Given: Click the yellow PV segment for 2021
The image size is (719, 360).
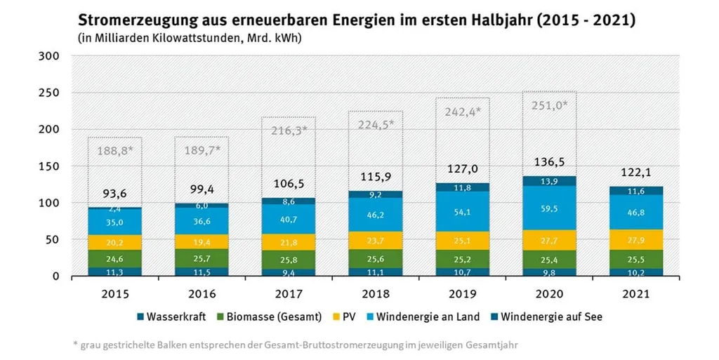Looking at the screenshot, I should point(635,239).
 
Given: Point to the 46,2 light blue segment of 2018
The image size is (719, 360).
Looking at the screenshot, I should point(375,214).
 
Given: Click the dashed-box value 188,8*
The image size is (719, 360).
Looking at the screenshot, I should point(114,149).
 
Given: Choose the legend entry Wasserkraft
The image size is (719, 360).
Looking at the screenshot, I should point(172,316).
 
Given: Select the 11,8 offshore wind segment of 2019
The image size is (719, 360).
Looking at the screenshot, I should point(462,187).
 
